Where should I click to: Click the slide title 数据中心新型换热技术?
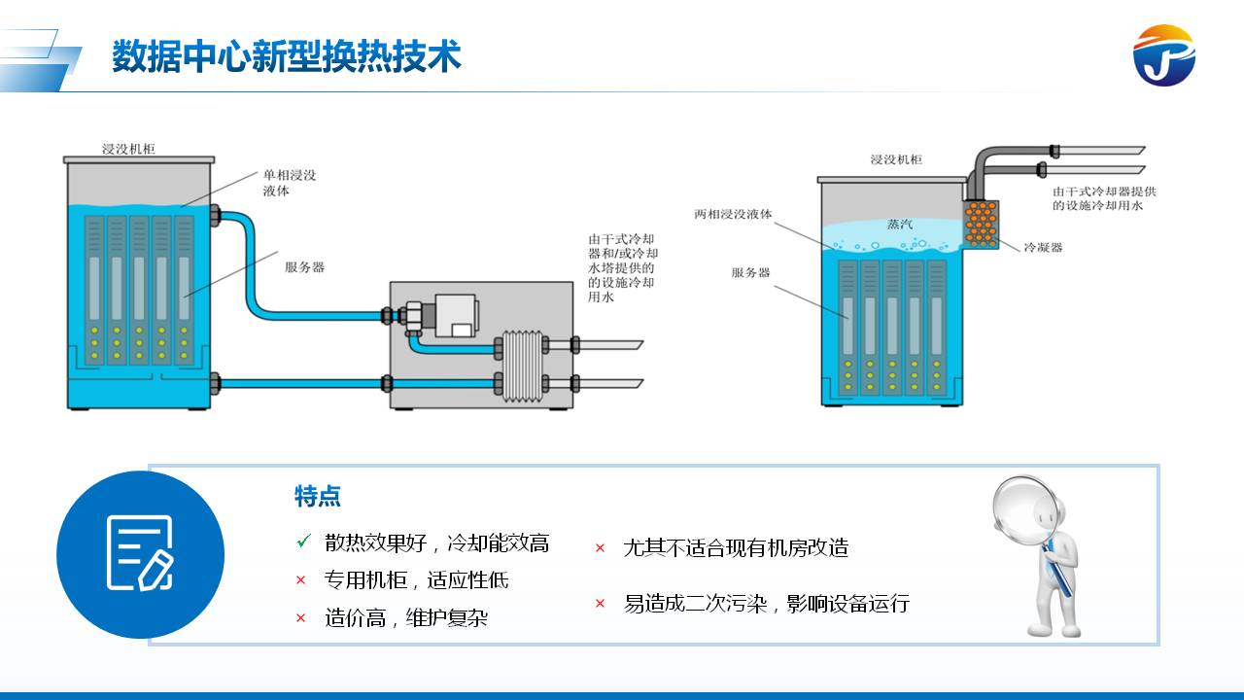[x=286, y=56]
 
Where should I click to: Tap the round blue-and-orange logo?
[x=1163, y=56]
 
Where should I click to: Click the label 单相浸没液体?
[x=289, y=183]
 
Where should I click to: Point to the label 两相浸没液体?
[x=733, y=214]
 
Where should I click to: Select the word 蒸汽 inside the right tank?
[x=899, y=224]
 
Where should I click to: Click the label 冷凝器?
[x=1042, y=247]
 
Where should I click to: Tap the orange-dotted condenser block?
[x=982, y=224]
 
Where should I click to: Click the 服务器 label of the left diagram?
[x=304, y=267]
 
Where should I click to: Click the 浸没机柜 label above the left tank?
[x=128, y=149]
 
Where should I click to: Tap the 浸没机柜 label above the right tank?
[x=895, y=159]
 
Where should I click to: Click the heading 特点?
[x=318, y=497]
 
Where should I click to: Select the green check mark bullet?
[x=303, y=541]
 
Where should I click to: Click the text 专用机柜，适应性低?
[x=416, y=580]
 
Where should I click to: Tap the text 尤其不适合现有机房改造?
[x=735, y=548]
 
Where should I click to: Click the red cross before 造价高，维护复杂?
[x=301, y=617]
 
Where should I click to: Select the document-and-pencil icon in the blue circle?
[x=140, y=553]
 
